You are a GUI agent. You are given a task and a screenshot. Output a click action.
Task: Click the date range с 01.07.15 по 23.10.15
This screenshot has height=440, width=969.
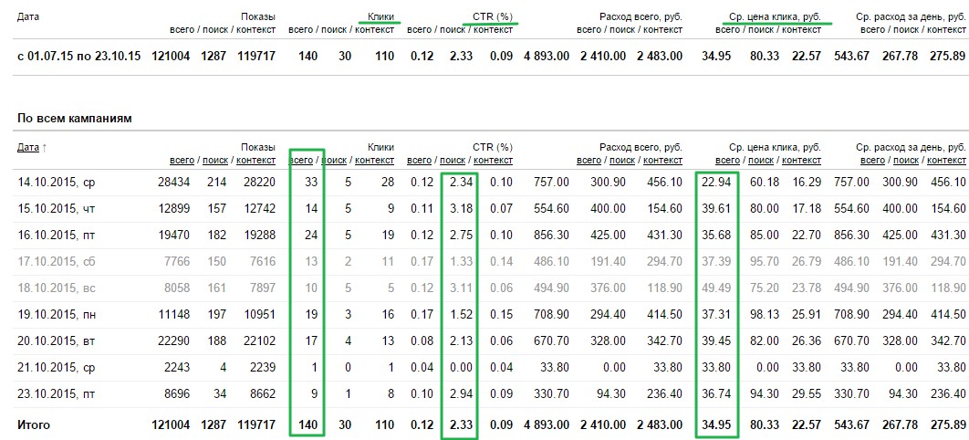[79, 57]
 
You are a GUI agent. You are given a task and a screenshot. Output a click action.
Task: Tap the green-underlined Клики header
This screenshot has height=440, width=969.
[380, 16]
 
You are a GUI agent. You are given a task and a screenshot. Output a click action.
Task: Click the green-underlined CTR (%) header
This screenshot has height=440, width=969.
[493, 16]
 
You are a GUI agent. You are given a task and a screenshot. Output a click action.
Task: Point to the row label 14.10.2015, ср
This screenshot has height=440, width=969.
[57, 183]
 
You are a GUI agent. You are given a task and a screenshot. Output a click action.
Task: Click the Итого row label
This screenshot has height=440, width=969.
[34, 425]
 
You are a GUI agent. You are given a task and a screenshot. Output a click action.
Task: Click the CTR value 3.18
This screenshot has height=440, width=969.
[460, 209]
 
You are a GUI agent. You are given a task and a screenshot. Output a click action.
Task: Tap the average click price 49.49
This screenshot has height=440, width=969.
[716, 288]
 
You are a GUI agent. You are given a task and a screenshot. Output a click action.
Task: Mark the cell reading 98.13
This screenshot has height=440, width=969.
[764, 315]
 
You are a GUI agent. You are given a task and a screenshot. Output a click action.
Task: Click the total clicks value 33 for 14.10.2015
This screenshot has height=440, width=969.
[310, 183]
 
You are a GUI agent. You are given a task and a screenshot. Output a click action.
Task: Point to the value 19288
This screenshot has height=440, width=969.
[256, 236]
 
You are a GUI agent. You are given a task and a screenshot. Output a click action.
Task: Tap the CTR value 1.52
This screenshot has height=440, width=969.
[460, 315]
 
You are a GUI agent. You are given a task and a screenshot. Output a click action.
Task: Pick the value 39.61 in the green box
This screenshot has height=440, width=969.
[716, 209]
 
